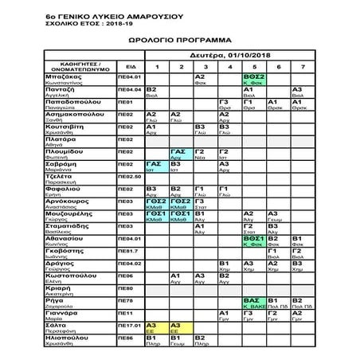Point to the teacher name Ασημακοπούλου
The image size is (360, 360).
[x=78, y=114]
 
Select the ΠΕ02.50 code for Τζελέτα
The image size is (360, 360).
[x=129, y=176]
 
